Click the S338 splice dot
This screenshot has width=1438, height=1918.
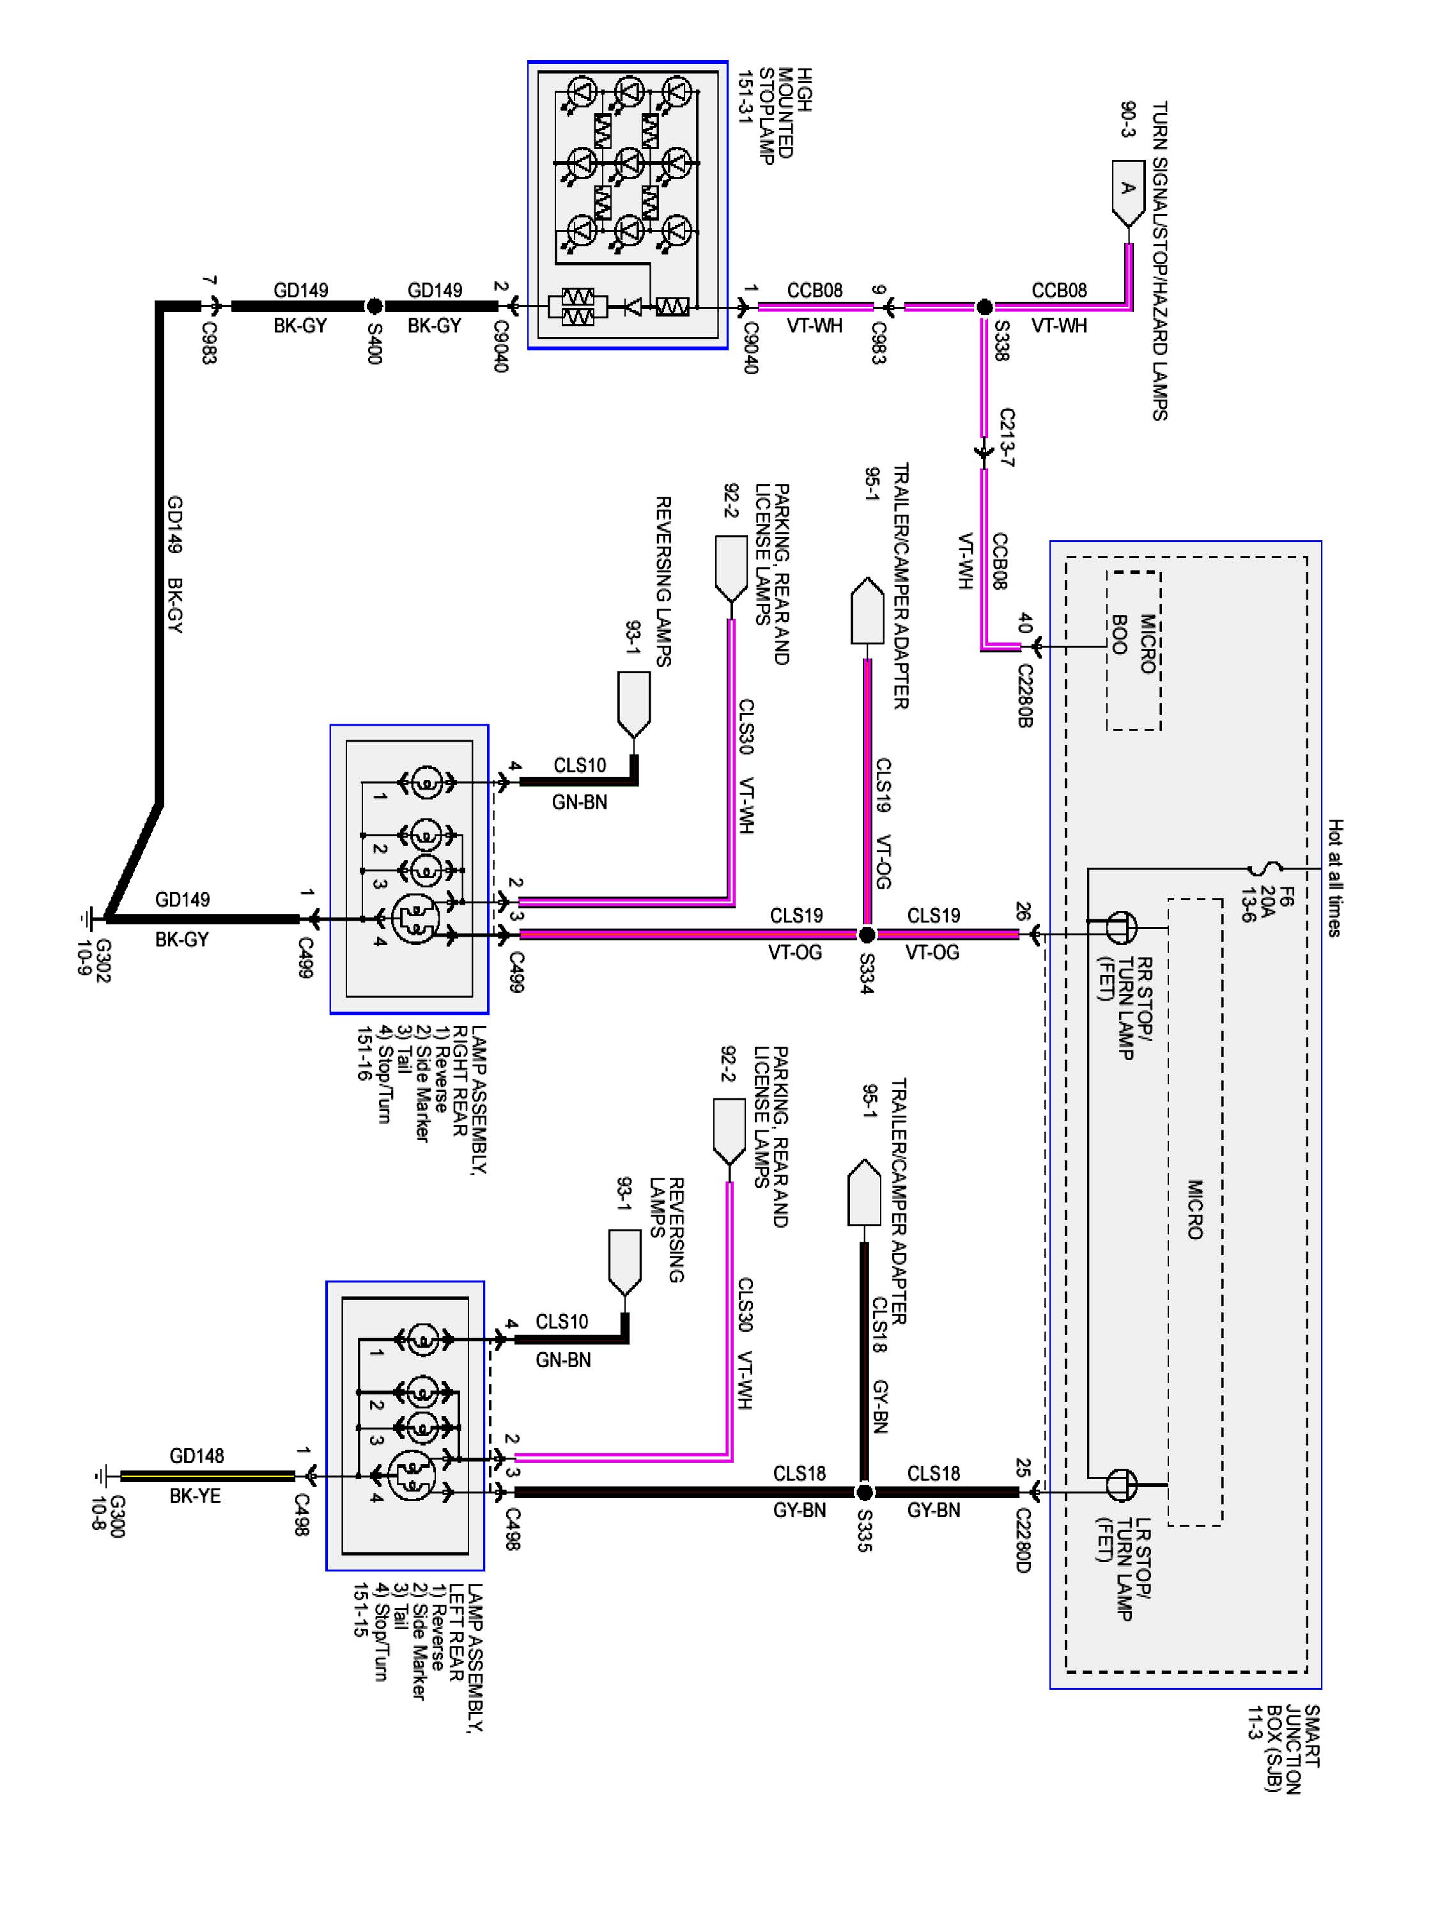click(x=984, y=307)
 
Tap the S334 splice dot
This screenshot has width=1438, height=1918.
click(x=866, y=934)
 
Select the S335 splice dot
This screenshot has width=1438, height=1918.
click(x=863, y=1492)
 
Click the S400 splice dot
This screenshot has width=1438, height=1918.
click(x=374, y=306)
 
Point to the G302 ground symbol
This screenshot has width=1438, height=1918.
click(x=87, y=917)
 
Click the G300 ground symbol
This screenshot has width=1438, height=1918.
click(x=102, y=1475)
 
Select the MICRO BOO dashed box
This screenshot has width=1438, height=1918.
click(x=1134, y=650)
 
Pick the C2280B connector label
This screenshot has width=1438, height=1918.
click(x=1024, y=696)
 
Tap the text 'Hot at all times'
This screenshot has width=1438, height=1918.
click(x=1335, y=878)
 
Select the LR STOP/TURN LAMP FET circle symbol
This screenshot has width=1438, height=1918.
click(x=1119, y=1485)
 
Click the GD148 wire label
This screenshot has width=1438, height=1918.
click(x=196, y=1456)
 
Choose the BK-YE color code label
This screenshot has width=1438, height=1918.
click(x=194, y=1496)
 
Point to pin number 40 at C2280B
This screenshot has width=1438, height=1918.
click(x=1024, y=623)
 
